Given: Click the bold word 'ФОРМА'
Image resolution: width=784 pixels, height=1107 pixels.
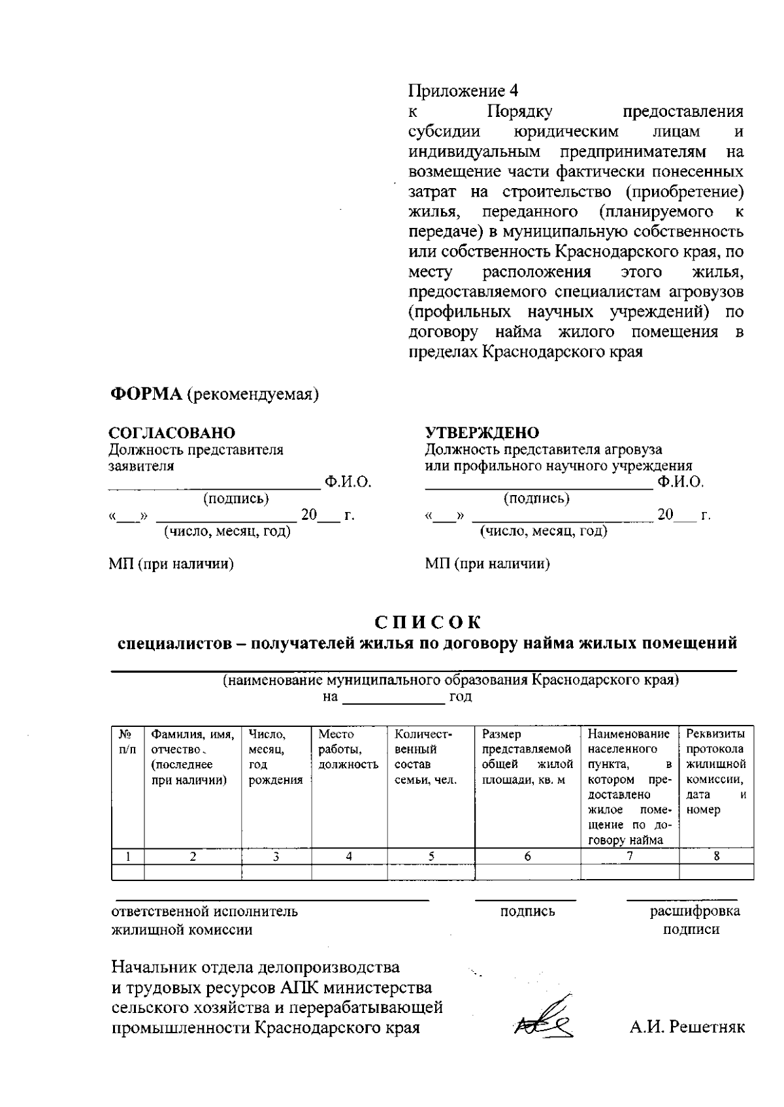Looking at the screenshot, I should coord(145,394).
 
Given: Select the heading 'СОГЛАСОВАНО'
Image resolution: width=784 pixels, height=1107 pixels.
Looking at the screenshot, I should coord(172,433).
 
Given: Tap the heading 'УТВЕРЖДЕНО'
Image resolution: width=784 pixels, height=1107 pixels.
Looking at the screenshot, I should coord(482,433).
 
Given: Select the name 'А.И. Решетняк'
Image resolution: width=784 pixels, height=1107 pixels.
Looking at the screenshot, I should coord(687,1027).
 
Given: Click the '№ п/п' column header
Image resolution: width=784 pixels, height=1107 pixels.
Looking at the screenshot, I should coord(127,742).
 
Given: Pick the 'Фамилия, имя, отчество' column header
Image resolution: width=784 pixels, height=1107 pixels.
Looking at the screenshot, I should coord(193,757).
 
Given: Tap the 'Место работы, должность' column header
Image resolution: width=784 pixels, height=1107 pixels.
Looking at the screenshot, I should coord(348,749).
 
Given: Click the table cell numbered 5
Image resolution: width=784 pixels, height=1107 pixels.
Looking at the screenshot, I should coord(431,856).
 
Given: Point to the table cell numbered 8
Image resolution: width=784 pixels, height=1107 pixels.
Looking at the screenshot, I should coord(716,856).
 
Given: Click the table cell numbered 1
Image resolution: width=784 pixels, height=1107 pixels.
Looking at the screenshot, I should coord(128,856).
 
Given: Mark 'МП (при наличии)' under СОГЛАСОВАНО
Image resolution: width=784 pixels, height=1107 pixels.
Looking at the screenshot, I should coord(171,564).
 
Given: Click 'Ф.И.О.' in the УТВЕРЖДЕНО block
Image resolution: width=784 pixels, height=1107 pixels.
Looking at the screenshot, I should coord(681,483).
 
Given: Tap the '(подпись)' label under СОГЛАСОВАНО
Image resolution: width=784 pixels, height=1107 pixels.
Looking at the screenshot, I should coord(237,499).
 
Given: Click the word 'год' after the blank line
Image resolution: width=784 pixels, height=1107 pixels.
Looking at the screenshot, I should coord(461,697).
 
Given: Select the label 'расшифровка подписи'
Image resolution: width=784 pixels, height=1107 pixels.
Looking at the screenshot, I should coord(694,920).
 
